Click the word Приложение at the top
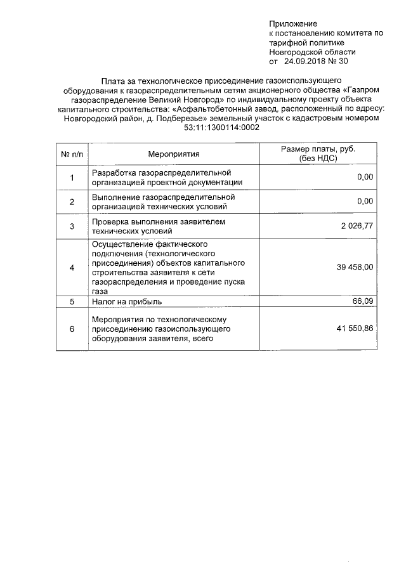point(292,23)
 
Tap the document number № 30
point(338,62)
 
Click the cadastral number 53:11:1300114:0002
point(221,127)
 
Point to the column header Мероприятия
point(174,153)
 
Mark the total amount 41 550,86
point(355,329)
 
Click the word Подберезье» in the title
point(175,119)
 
